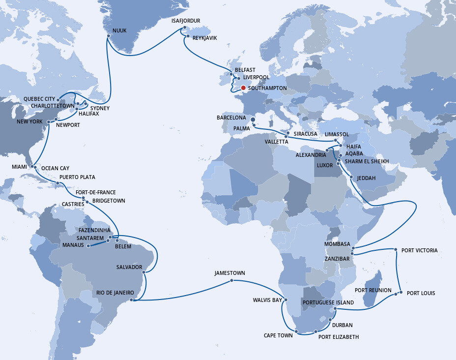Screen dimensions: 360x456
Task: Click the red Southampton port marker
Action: coord(243,88)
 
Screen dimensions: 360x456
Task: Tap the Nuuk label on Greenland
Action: coord(119,30)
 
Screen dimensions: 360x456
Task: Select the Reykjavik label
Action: coord(204,38)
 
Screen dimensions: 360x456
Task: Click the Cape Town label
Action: coord(278,336)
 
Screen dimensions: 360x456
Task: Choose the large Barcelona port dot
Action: coord(253,119)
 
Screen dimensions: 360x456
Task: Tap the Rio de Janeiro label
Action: coord(114,293)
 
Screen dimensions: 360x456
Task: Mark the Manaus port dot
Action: coord(88,246)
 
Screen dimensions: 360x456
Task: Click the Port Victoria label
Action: coord(419,250)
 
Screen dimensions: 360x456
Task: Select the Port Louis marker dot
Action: coord(401,293)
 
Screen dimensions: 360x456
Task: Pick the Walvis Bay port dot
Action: coord(286,300)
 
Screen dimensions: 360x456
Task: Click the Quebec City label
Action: coord(39,99)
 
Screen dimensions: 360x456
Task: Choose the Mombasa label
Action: coord(337,244)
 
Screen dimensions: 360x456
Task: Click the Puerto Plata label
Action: coord(77,177)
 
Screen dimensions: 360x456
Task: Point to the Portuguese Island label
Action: coord(328,302)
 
